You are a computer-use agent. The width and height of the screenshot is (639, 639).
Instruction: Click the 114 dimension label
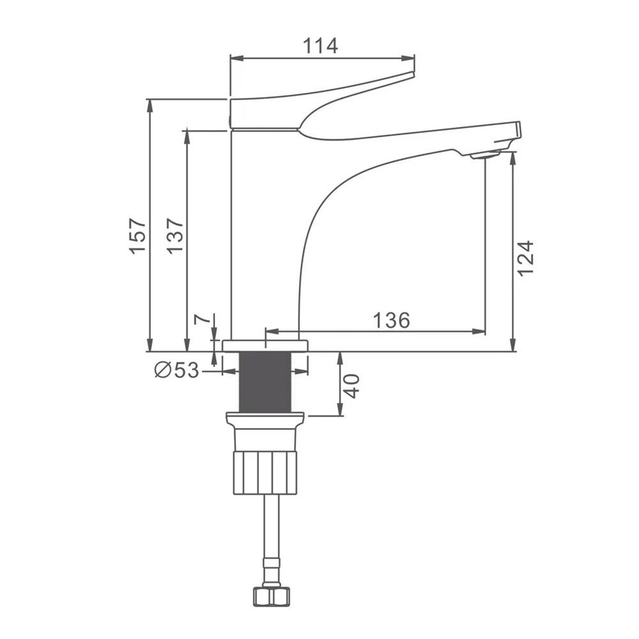click(x=320, y=46)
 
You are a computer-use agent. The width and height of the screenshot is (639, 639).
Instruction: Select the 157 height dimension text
click(x=138, y=237)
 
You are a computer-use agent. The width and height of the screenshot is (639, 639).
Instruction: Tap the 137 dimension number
click(x=175, y=237)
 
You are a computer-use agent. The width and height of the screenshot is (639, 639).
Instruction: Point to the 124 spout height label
click(x=525, y=259)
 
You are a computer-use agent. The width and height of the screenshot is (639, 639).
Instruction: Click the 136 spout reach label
click(x=391, y=320)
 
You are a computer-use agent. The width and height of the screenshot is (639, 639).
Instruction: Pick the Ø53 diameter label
click(x=177, y=370)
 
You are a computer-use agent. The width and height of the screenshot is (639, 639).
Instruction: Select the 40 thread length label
click(x=351, y=386)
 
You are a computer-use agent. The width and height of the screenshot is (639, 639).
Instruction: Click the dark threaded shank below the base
click(x=265, y=383)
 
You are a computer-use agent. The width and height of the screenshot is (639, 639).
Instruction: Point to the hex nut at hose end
click(x=271, y=597)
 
